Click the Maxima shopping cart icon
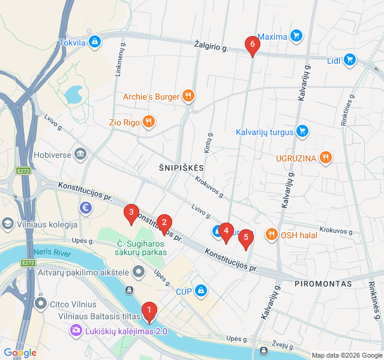[x=296, y=37]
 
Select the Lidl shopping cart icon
[x=350, y=60]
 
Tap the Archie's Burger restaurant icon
[x=188, y=95]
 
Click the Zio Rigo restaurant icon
[x=149, y=122]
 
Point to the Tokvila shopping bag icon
[x=94, y=42]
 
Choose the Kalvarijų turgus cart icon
[x=302, y=131]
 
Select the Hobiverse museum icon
[x=80, y=154]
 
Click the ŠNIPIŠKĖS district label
[x=182, y=167]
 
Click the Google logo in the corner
[x=20, y=353]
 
